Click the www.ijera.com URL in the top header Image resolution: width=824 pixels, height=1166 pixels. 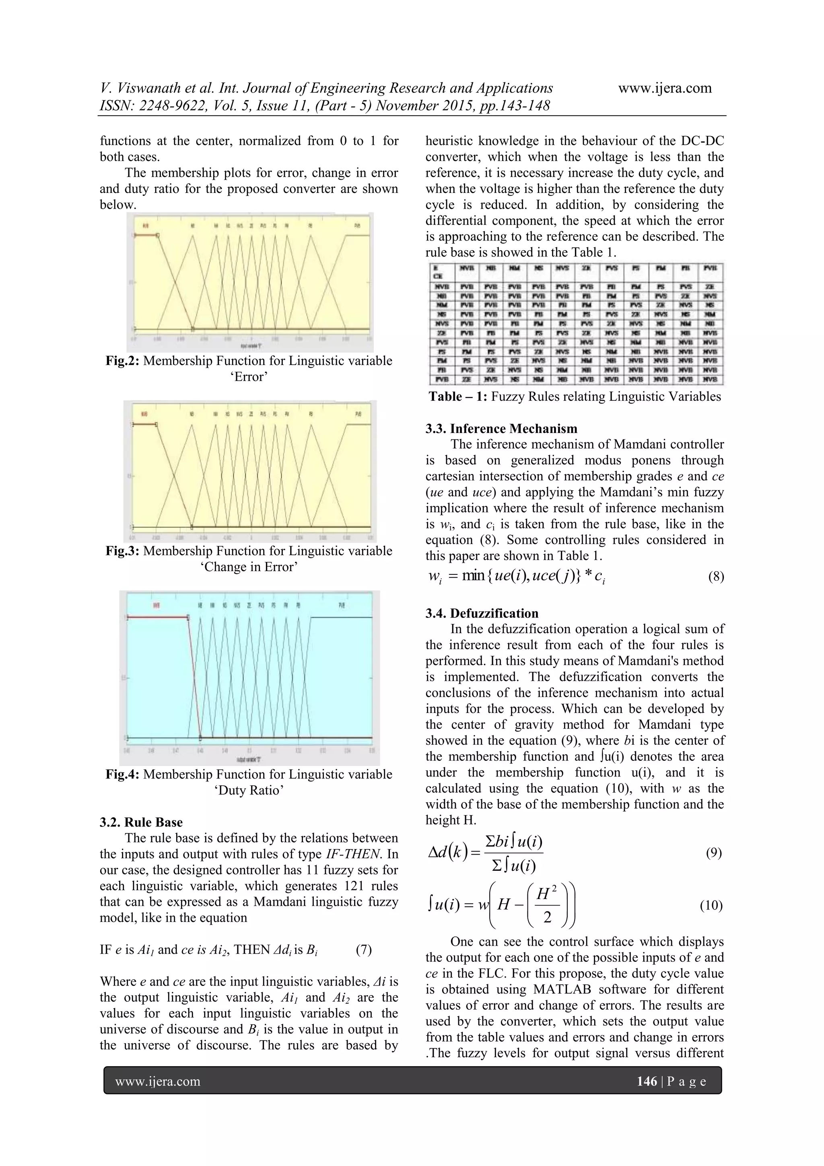665,88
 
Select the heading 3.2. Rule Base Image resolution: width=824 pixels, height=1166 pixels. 141,822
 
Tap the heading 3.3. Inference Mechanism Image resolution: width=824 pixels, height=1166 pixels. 501,428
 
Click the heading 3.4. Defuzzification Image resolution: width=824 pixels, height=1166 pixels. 482,613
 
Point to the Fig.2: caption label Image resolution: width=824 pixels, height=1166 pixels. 122,361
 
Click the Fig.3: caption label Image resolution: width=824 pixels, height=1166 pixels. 122,551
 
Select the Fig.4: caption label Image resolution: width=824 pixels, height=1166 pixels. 122,775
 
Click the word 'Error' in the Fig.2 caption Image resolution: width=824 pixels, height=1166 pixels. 249,377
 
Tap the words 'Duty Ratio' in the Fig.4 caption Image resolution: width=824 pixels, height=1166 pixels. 249,790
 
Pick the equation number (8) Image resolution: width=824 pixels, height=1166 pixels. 715,576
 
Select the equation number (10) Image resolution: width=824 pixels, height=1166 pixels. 711,905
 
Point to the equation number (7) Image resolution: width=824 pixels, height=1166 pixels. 364,950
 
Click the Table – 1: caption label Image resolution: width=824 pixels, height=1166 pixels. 457,397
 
